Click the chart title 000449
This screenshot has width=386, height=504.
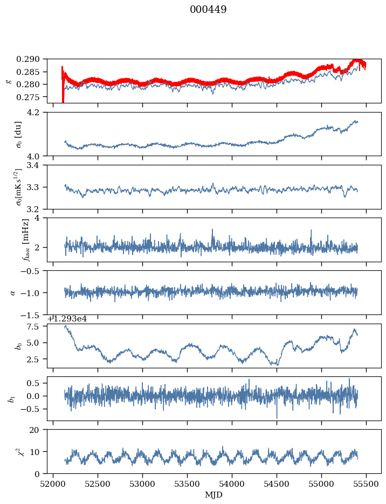pyautogui.click(x=208, y=10)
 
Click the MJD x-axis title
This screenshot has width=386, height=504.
pyautogui.click(x=214, y=494)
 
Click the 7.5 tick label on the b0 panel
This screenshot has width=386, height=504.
pyautogui.click(x=37, y=327)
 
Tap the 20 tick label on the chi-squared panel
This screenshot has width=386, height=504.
pyautogui.click(x=38, y=429)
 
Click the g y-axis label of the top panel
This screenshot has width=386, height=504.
pyautogui.click(x=8, y=81)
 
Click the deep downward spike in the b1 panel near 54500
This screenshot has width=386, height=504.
pyautogui.click(x=277, y=417)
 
